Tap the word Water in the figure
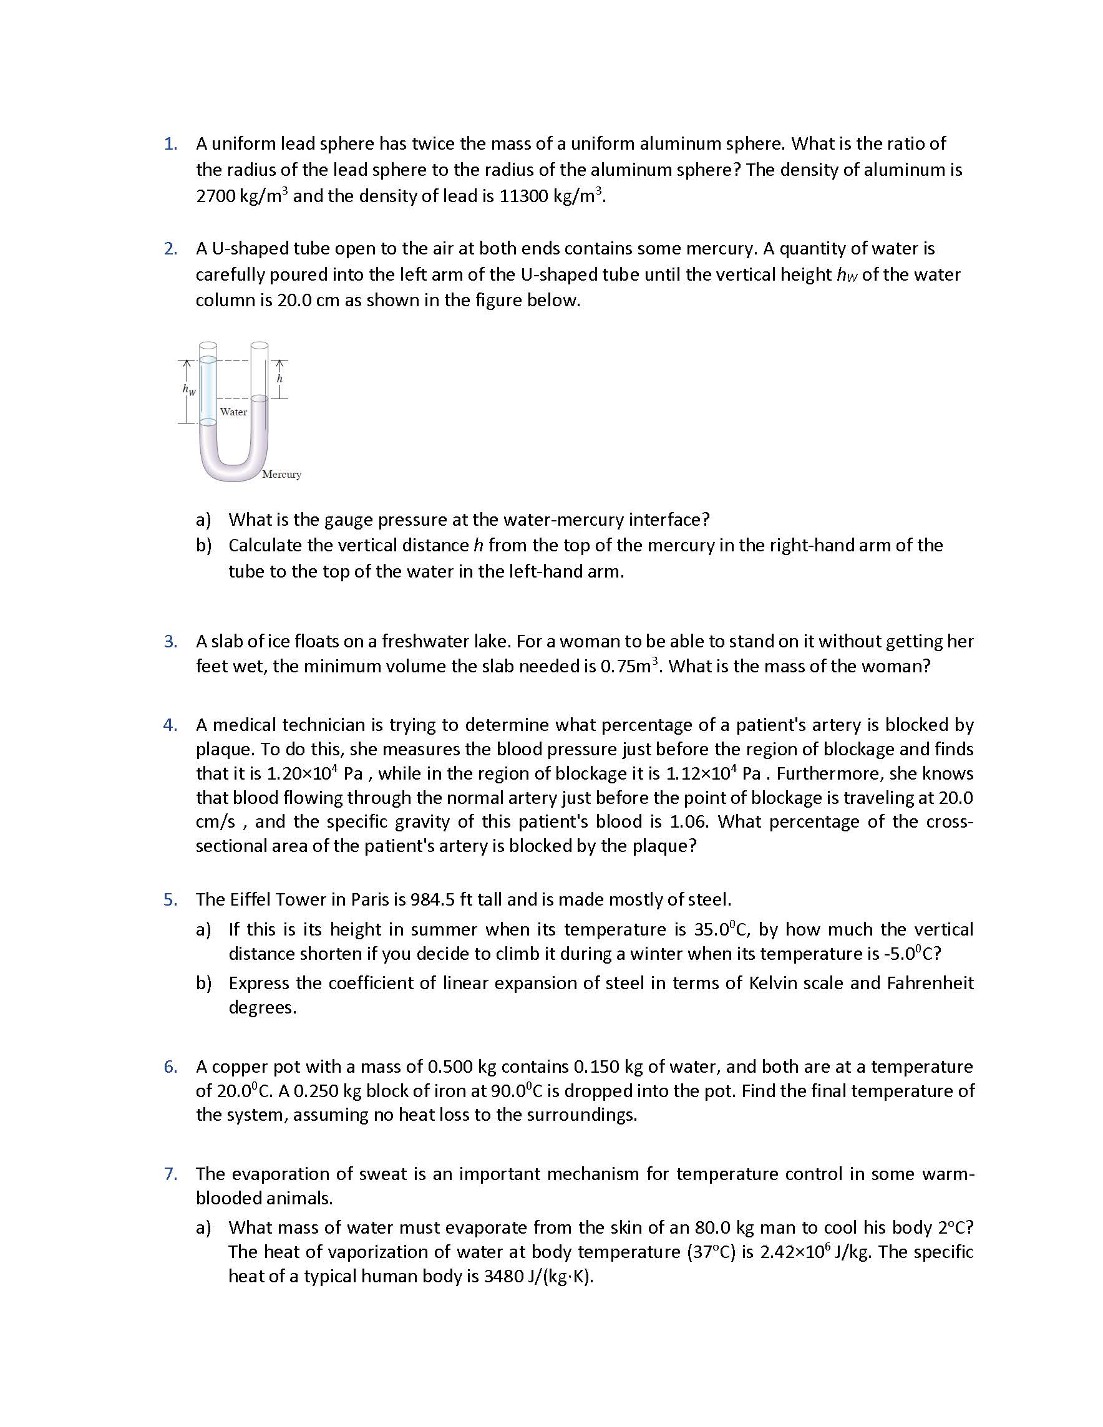click(233, 412)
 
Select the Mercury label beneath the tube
click(281, 475)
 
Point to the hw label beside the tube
click(189, 390)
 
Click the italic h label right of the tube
click(279, 379)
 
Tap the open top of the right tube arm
click(260, 345)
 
